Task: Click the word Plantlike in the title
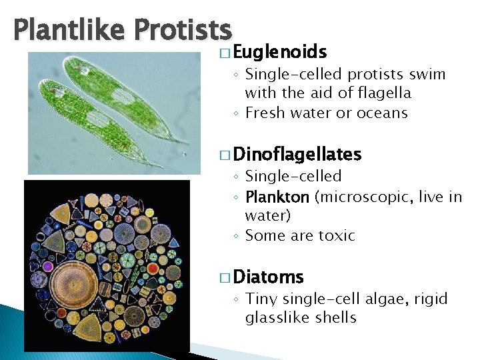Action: (69, 30)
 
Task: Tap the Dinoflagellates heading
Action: (297, 155)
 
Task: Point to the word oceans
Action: (380, 113)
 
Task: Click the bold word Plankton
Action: (277, 197)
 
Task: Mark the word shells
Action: (336, 317)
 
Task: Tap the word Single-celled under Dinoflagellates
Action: (293, 176)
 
